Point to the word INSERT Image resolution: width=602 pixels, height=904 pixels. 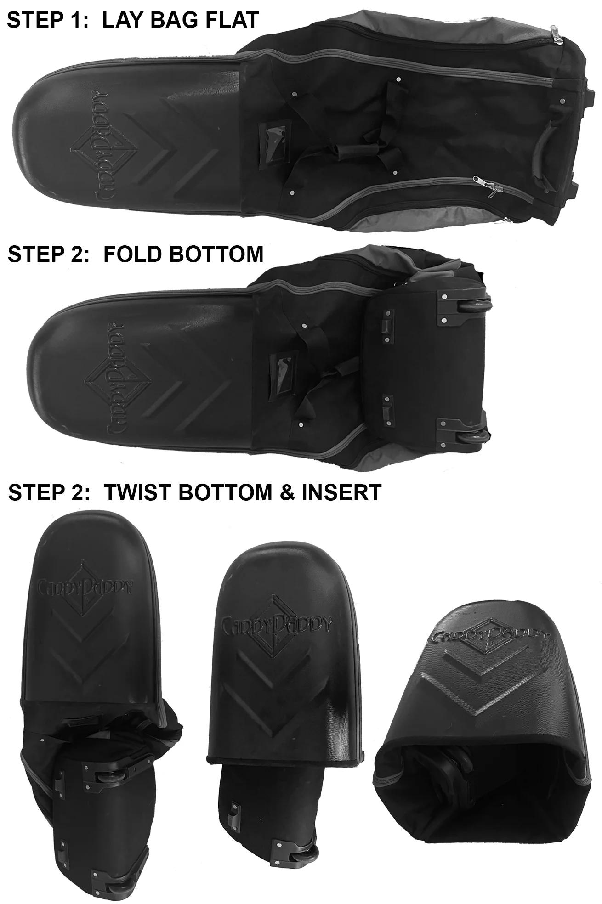tap(341, 492)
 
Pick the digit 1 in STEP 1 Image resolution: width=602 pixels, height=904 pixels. tap(76, 20)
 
